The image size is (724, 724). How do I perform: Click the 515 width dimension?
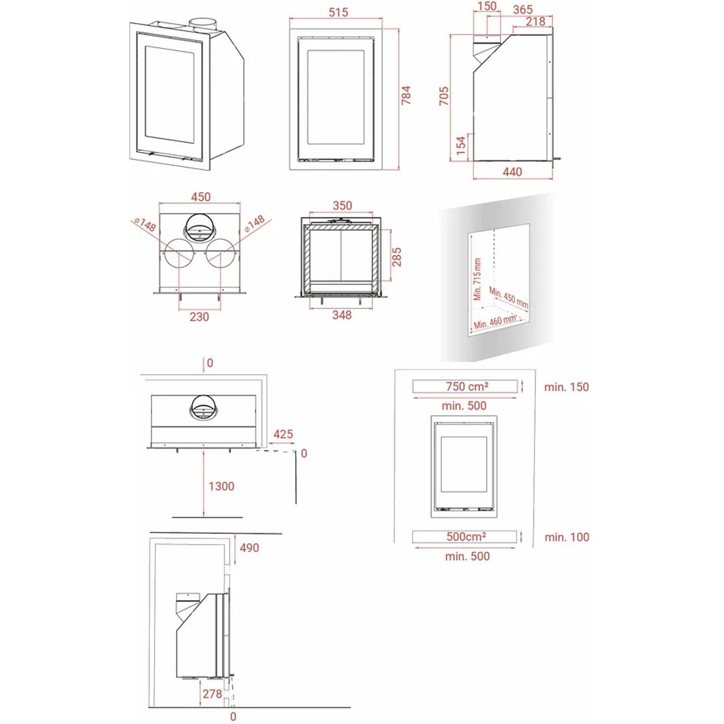(x=338, y=12)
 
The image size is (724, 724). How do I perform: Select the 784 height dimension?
(x=406, y=96)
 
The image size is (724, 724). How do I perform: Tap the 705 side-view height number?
(x=444, y=96)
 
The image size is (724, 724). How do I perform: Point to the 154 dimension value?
(x=460, y=145)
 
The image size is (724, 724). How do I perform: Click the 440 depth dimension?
(x=512, y=172)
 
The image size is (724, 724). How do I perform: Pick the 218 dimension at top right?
(x=536, y=21)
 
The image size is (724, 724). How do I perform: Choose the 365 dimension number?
(x=523, y=10)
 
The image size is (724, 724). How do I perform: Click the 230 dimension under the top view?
(x=199, y=317)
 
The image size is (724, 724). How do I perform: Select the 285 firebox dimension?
(x=397, y=257)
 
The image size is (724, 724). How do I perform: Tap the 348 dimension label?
(x=342, y=315)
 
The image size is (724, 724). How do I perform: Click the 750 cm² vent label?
(x=467, y=386)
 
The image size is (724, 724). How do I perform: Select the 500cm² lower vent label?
(x=466, y=537)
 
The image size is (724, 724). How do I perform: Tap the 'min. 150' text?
(x=567, y=387)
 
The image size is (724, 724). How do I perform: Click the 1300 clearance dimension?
(x=221, y=486)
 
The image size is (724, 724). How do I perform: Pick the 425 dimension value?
(x=283, y=434)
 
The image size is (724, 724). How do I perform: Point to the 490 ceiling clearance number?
(x=249, y=548)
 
